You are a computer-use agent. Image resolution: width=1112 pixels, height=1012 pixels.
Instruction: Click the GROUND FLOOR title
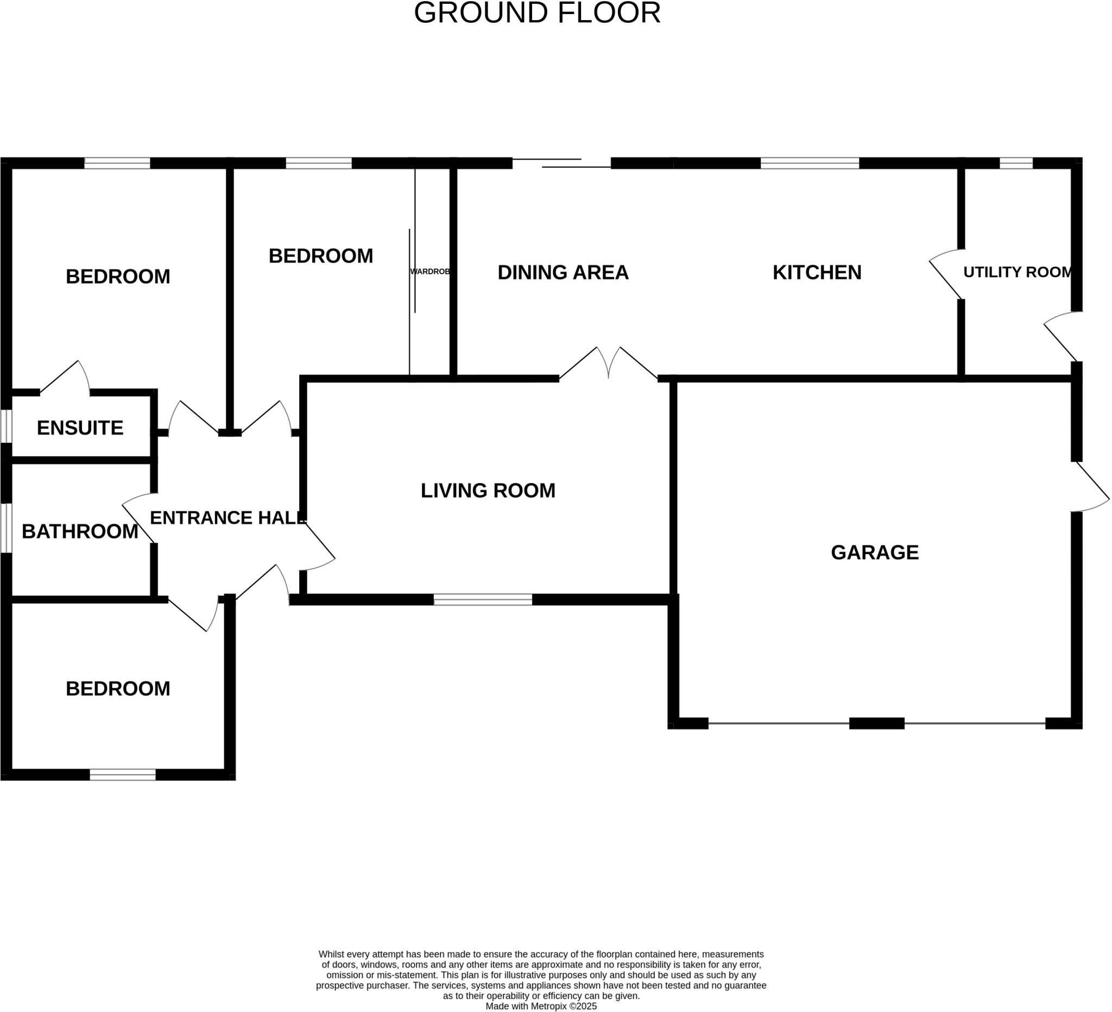[x=537, y=13]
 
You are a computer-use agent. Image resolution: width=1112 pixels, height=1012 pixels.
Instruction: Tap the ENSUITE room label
[x=80, y=428]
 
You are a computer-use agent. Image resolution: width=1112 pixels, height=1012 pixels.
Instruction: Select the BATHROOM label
[x=80, y=532]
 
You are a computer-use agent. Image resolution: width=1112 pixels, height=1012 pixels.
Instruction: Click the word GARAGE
[x=875, y=553]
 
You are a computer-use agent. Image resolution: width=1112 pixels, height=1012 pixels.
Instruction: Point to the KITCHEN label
[x=817, y=273]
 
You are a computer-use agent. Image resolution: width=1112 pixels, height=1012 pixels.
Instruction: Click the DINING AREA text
[x=563, y=273]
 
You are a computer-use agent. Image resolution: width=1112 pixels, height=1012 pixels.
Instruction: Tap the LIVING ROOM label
[x=488, y=491]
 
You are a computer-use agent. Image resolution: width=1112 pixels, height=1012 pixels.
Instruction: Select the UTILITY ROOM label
[x=1018, y=272]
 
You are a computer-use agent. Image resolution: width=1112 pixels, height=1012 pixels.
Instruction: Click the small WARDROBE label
[x=429, y=272]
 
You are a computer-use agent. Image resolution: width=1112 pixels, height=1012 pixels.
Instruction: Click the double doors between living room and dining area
[x=609, y=364]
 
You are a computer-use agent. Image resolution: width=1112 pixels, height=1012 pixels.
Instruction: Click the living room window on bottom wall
[x=483, y=600]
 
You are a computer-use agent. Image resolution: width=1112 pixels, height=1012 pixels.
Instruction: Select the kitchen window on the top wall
[x=810, y=164]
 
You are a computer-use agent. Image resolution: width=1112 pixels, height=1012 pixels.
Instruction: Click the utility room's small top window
[x=1016, y=164]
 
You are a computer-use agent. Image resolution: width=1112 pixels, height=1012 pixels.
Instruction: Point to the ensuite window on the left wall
[x=5, y=426]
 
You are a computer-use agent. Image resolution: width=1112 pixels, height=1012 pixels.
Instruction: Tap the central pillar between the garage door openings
[x=876, y=724]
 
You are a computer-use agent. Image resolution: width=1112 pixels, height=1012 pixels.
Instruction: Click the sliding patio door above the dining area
[x=561, y=163]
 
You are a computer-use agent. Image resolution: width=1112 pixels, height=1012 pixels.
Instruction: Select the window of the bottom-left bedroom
[x=123, y=775]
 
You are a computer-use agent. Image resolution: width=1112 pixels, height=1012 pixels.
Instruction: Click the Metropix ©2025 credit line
[x=541, y=1007]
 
